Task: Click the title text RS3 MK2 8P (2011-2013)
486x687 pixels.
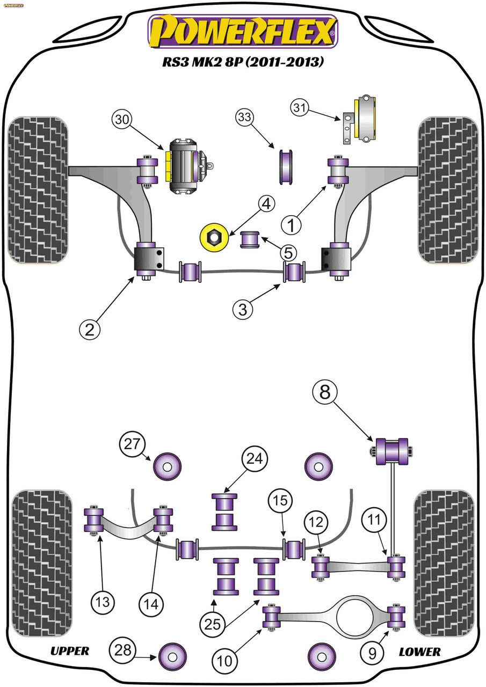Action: click(x=243, y=62)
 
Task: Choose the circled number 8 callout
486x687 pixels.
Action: click(x=325, y=393)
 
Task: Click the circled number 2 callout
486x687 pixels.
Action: click(x=90, y=329)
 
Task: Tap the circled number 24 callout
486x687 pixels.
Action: click(x=256, y=459)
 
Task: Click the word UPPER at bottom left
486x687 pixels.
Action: click(x=70, y=651)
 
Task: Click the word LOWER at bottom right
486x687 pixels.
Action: click(x=419, y=652)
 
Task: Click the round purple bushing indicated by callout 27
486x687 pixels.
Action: click(x=167, y=466)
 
